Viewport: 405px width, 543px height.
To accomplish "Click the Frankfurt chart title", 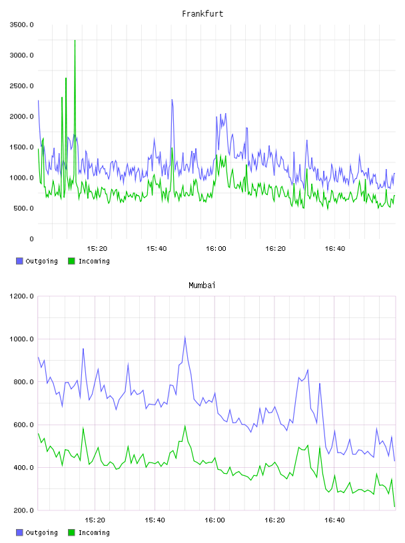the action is pos(202,14).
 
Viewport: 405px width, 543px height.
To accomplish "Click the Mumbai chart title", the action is pos(202,285).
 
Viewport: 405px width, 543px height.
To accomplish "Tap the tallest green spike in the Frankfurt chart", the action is pos(75,41).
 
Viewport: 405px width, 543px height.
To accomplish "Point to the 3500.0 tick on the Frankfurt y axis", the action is pos(21,25).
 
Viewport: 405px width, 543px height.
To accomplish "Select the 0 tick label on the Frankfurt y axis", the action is pos(31,239).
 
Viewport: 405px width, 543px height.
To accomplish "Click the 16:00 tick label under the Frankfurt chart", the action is pos(216,249).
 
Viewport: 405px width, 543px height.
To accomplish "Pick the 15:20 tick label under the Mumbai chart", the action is pos(95,520).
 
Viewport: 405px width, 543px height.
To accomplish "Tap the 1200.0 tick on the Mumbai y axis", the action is pos(21,296).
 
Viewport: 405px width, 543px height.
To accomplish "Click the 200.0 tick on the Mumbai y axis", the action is pos(23,510).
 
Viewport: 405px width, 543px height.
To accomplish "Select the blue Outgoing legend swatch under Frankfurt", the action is pos(19,261).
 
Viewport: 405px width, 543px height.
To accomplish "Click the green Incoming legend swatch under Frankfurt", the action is pos(71,261).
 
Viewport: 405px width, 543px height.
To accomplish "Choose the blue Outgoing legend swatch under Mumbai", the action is pos(19,532).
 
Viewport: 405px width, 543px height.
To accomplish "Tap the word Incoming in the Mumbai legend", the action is pos(94,532).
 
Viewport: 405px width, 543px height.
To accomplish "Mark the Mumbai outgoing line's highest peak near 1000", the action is pos(185,337).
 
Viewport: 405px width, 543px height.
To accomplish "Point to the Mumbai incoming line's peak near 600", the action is pos(185,426).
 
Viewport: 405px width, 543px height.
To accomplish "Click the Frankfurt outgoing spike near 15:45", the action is pos(172,100).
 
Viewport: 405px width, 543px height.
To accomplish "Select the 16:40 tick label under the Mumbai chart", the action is pos(334,520).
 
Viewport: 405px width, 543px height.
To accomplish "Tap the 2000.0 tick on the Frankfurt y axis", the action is pos(21,116).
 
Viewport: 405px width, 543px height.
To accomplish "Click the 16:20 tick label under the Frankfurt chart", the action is pos(275,249).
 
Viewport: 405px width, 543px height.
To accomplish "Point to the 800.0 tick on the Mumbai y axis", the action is pos(23,382).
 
